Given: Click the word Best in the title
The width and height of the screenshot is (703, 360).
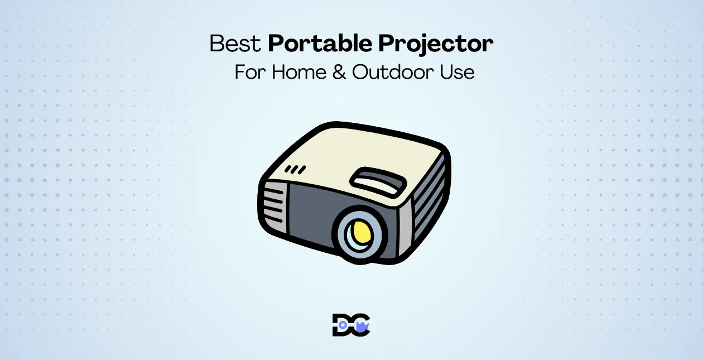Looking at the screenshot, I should click(x=235, y=44).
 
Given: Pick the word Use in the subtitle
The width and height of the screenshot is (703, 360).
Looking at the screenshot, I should click(x=455, y=73).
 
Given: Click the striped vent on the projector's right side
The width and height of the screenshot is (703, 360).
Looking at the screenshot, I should click(x=430, y=195).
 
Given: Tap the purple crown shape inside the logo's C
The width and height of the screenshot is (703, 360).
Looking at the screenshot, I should click(x=362, y=326).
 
